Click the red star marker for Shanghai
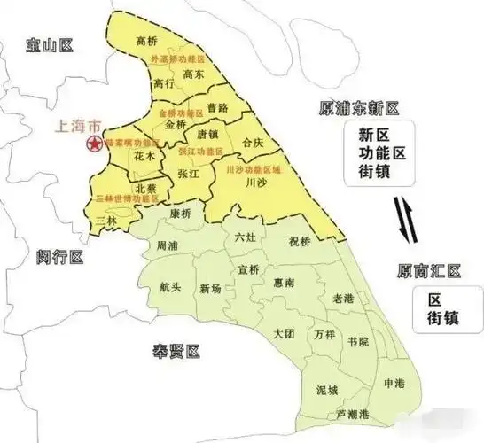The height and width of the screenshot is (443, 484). point(90,144)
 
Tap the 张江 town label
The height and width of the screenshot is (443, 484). point(189,175)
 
